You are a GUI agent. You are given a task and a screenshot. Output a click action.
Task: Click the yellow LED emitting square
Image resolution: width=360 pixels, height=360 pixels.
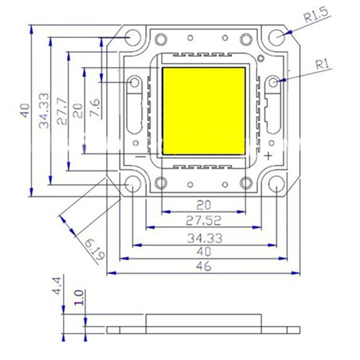[204, 111]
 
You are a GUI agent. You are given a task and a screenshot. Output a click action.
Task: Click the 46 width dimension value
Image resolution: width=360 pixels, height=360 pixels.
[204, 266]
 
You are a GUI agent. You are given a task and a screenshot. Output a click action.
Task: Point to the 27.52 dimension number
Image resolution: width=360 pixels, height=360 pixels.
[204, 220]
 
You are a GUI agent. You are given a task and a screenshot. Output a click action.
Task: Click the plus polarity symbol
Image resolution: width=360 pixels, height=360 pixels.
[268, 156]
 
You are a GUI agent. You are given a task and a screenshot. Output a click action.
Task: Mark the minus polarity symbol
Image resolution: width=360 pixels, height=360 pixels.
[140, 157]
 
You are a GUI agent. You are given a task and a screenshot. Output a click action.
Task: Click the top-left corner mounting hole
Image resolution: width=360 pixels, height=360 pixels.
[133, 38]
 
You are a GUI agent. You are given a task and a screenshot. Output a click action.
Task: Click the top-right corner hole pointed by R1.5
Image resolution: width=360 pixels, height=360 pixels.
[277, 36]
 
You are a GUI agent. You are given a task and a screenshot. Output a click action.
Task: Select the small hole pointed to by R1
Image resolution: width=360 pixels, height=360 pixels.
[274, 82]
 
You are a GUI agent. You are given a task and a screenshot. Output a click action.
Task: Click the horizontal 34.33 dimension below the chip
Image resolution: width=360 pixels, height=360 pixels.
[204, 238]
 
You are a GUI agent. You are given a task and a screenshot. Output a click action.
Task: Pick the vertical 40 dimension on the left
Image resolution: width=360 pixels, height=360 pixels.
[25, 111]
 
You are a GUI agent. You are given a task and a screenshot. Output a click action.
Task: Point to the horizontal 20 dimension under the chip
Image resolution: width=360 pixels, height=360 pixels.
[204, 205]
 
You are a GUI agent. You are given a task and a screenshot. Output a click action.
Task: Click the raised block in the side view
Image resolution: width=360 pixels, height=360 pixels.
[204, 323]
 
